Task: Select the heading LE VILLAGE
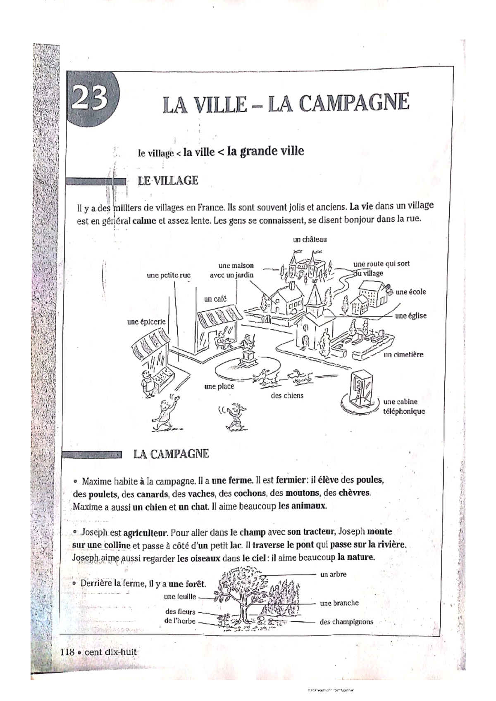(168, 181)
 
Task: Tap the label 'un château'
(310, 239)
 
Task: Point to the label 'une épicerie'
(146, 322)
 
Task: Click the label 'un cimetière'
(403, 354)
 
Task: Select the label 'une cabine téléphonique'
(404, 406)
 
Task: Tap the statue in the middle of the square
(248, 351)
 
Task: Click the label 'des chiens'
(287, 395)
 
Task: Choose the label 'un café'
(215, 299)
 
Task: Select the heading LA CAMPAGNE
(171, 454)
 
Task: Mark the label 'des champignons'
(346, 622)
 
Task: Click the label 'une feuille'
(180, 596)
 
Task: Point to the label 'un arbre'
(333, 574)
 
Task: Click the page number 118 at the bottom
(67, 652)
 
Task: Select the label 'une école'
(410, 292)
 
